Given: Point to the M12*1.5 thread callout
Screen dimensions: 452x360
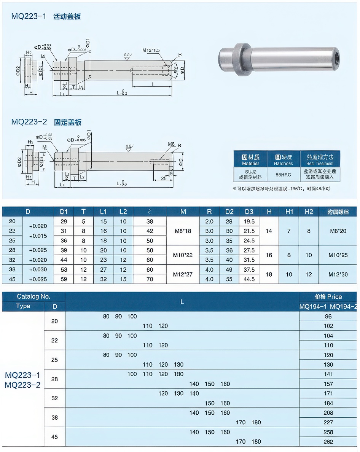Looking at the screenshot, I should [x=151, y=50].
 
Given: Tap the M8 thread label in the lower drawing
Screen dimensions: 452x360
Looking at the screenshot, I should [x=171, y=144].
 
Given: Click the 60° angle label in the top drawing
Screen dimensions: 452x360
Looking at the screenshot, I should [x=175, y=71].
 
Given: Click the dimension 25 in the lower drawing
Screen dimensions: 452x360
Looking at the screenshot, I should [x=164, y=178].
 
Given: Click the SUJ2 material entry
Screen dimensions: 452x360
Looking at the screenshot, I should [x=250, y=175].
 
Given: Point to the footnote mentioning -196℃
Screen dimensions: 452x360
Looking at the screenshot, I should [x=281, y=189].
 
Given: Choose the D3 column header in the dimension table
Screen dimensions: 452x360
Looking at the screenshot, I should [x=249, y=212].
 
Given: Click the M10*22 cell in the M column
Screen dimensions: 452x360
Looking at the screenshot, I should [x=183, y=255].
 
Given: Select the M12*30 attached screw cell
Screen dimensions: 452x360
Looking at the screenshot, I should [x=338, y=274].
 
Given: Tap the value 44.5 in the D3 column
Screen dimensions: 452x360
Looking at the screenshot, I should [x=249, y=279].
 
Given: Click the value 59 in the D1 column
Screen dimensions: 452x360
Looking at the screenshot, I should [x=64, y=279].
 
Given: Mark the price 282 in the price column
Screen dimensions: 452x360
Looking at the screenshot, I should [x=328, y=442].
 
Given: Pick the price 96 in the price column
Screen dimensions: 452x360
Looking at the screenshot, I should [x=328, y=317].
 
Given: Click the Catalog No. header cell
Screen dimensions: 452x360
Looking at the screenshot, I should [x=33, y=297].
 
